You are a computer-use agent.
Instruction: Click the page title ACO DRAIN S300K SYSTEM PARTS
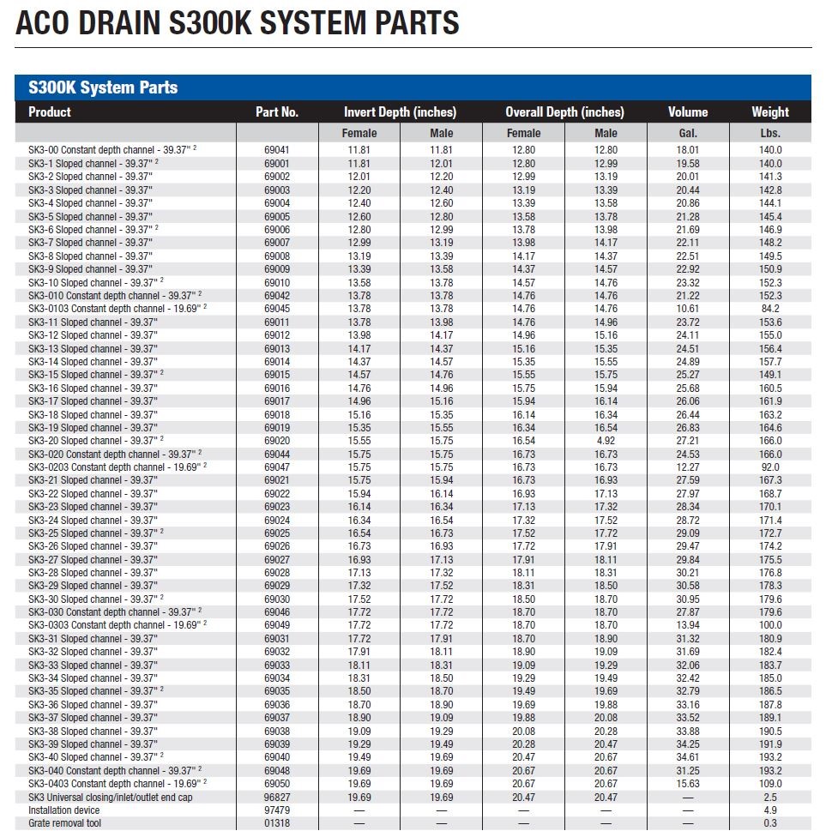coord(237,21)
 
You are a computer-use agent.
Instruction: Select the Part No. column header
coord(276,111)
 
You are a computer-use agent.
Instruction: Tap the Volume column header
coord(687,111)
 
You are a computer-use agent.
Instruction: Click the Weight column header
coord(769,111)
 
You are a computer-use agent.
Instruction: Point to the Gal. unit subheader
coord(687,133)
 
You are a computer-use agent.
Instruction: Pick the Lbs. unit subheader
coord(769,133)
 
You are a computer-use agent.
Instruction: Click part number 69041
coord(276,150)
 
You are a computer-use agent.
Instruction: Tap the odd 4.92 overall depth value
coord(606,441)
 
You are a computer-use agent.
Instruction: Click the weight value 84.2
coord(769,309)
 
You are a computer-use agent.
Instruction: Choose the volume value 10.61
coord(687,309)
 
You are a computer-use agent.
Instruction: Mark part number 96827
coord(276,797)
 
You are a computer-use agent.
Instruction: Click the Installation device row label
coord(63,810)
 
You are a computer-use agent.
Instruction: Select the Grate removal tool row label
coord(64,823)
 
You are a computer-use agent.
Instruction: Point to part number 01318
coord(276,823)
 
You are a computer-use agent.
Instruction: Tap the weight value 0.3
coord(769,823)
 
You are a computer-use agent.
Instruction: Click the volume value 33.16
coord(687,705)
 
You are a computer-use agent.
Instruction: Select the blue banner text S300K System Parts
coord(103,87)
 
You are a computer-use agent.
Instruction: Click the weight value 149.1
coord(769,375)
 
